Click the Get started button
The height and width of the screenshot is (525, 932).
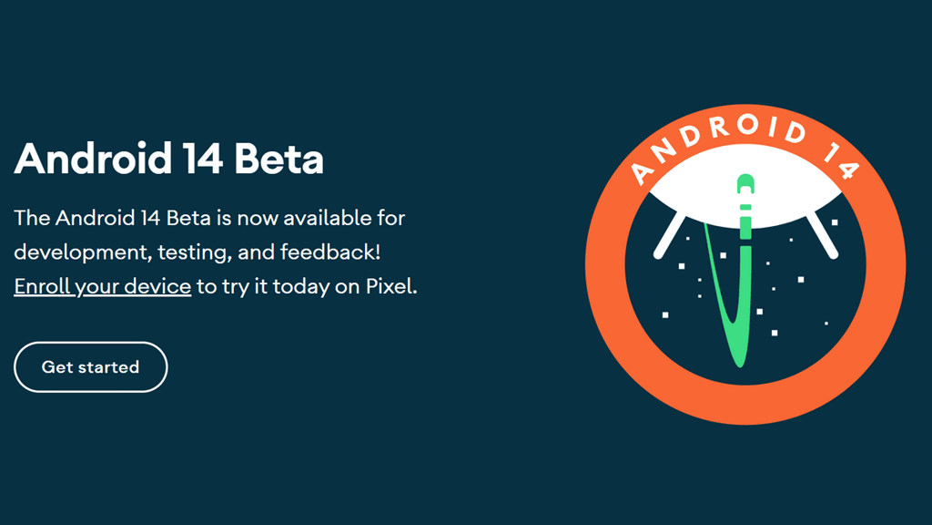90,366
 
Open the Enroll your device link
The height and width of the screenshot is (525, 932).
102,287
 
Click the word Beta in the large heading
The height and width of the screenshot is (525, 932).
279,159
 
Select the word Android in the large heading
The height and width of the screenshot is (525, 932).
93,159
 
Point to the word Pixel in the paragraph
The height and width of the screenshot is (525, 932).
391,286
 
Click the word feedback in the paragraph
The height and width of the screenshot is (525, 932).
329,252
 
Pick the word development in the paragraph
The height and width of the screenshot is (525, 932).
85,252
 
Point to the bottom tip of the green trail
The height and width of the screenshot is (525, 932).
740,366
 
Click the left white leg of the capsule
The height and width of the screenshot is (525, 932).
669,236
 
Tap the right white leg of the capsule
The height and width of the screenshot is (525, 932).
822,236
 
